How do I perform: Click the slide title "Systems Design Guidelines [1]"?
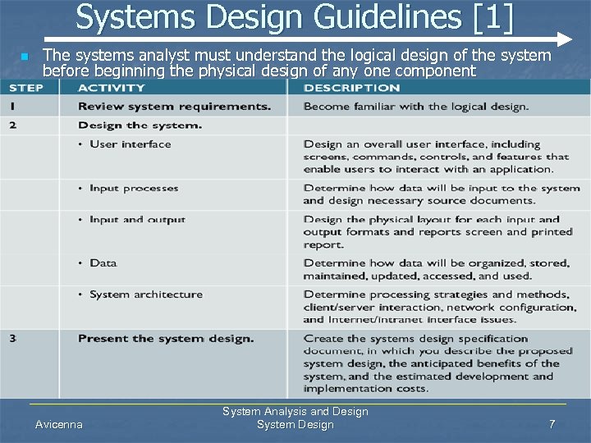point(295,18)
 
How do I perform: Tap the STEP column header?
point(26,88)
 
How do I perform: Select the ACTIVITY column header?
point(112,88)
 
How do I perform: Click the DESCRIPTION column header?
point(351,88)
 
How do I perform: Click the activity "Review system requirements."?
point(174,107)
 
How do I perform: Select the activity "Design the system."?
point(140,126)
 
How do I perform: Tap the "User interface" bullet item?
point(130,144)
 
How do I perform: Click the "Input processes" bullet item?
point(135,189)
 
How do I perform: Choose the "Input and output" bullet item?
point(137,220)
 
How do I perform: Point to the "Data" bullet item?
point(103,263)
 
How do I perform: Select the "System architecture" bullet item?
point(145,295)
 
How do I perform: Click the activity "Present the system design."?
point(166,339)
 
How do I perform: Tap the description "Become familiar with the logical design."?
point(415,107)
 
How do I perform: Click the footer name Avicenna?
point(59,424)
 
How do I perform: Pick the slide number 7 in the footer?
point(552,424)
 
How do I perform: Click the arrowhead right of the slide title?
point(564,39)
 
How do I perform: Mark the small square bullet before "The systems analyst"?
point(25,57)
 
